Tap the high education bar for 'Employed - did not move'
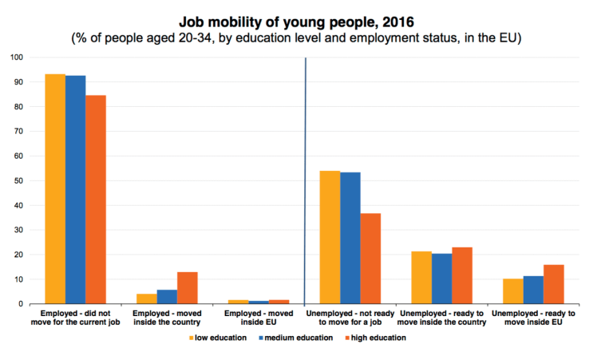tap(96, 200)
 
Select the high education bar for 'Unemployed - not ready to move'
tap(370, 259)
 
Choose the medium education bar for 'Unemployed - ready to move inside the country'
tap(441, 279)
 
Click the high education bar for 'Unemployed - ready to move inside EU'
tap(553, 284)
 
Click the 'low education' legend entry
tap(218, 338)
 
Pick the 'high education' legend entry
tap(378, 338)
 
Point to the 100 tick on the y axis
tap(16, 57)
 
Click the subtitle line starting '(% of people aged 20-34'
tap(297, 38)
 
